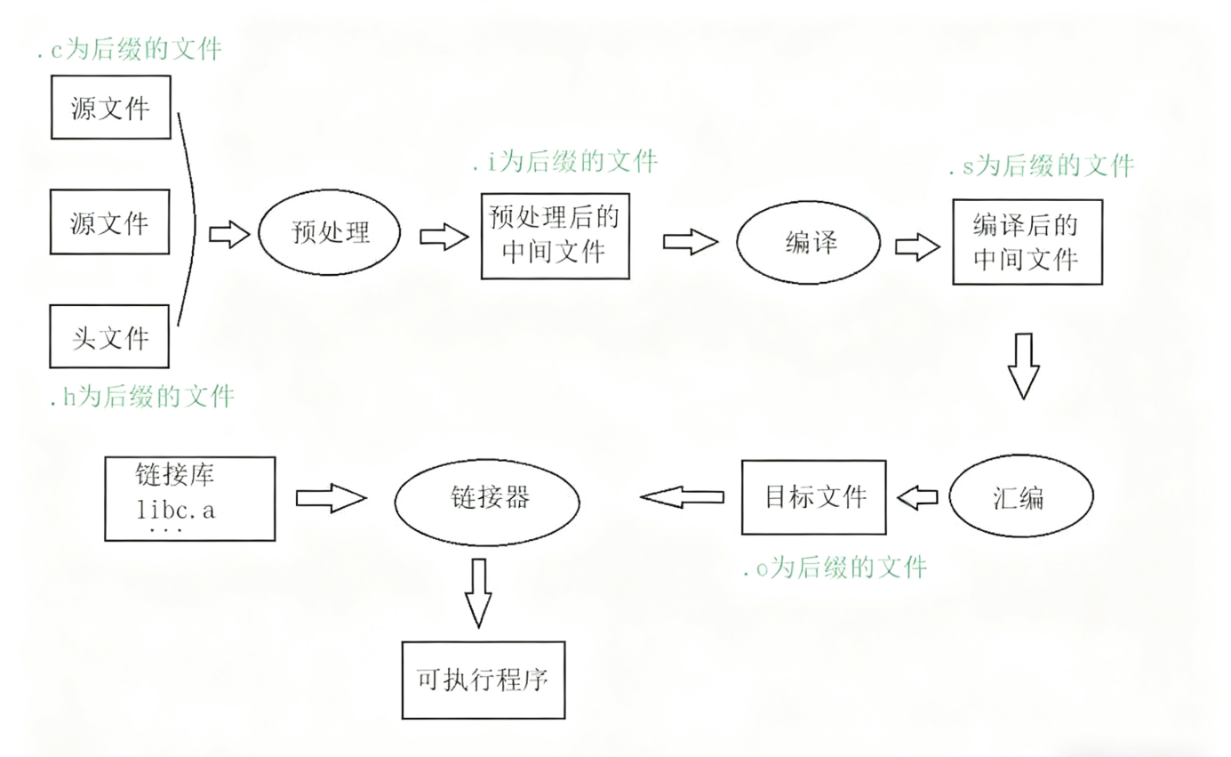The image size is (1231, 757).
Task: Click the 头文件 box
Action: tap(110, 336)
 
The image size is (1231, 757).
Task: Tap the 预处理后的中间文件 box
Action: tap(555, 236)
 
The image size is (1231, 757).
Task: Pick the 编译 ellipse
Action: tap(810, 242)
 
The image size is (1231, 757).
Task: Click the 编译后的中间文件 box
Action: tap(1027, 242)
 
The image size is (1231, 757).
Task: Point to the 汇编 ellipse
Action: tap(1020, 498)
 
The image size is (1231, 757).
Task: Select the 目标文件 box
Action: tap(814, 496)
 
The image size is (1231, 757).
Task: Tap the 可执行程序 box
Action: tap(483, 680)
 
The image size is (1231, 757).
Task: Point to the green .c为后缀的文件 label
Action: tap(130, 50)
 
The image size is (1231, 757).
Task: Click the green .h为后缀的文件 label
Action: tap(142, 396)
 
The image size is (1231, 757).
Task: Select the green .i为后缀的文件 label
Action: tap(566, 162)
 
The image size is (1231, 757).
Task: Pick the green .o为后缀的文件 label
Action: tap(835, 567)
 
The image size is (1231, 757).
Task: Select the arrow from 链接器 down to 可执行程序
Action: tap(478, 592)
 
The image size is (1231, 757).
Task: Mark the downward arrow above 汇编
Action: tap(1024, 365)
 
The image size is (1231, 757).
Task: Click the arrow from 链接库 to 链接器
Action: tap(330, 499)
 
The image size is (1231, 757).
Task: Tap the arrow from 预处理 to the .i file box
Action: tap(444, 237)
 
